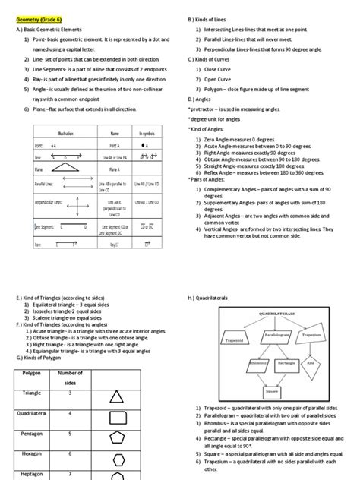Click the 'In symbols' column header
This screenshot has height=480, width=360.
coord(147,131)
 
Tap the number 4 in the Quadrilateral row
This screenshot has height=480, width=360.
coord(70,414)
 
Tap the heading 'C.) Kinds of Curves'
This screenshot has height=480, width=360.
coord(213,58)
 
